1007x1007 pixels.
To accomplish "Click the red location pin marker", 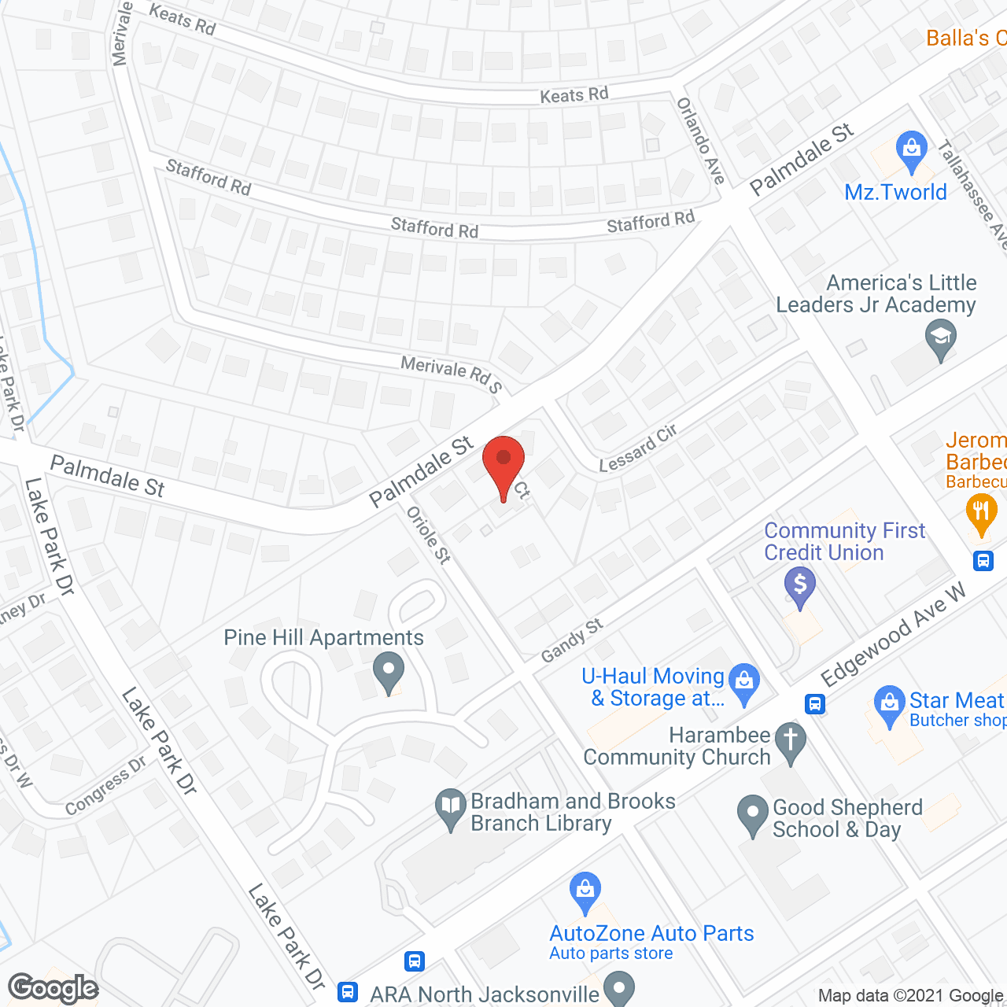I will (x=503, y=464).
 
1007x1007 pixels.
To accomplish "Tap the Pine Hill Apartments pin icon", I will (x=388, y=673).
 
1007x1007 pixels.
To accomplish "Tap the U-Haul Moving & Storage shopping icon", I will (x=743, y=681).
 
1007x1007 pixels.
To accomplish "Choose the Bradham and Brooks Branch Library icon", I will (x=451, y=808).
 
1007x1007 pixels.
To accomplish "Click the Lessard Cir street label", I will (x=638, y=449).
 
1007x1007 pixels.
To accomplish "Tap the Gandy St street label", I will (x=572, y=640).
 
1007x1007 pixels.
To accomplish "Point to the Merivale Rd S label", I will (x=451, y=374).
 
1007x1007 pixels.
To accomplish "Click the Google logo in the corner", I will (x=53, y=987).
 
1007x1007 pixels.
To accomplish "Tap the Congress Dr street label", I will (x=105, y=785).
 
